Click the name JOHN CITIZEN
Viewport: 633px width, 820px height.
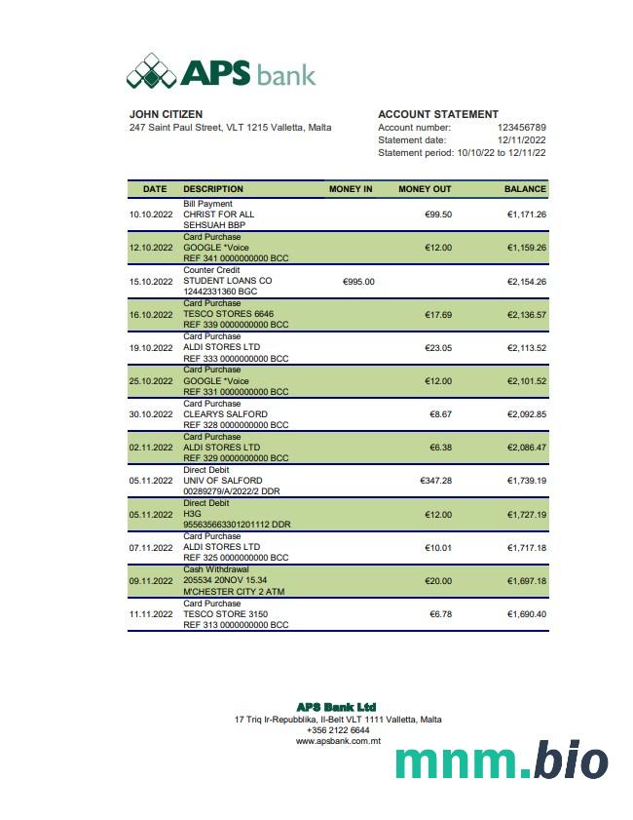tap(167, 114)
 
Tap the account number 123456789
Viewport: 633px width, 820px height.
tap(521, 128)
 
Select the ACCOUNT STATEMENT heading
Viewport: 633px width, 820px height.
tap(437, 114)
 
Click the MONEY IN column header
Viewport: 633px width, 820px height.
tap(351, 189)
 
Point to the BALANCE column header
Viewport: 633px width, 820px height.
tap(525, 189)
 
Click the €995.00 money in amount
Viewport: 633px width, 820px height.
tap(358, 281)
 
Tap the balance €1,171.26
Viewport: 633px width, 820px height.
tap(526, 215)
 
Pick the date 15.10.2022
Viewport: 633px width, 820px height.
tap(151, 281)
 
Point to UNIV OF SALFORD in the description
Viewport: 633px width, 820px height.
tap(222, 481)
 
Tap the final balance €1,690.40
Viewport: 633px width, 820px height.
tap(526, 614)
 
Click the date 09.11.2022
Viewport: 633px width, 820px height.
tap(151, 581)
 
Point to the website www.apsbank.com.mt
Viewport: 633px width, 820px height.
tap(338, 741)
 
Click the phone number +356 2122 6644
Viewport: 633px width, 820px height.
tap(338, 730)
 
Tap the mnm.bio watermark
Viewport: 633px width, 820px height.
tap(502, 761)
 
